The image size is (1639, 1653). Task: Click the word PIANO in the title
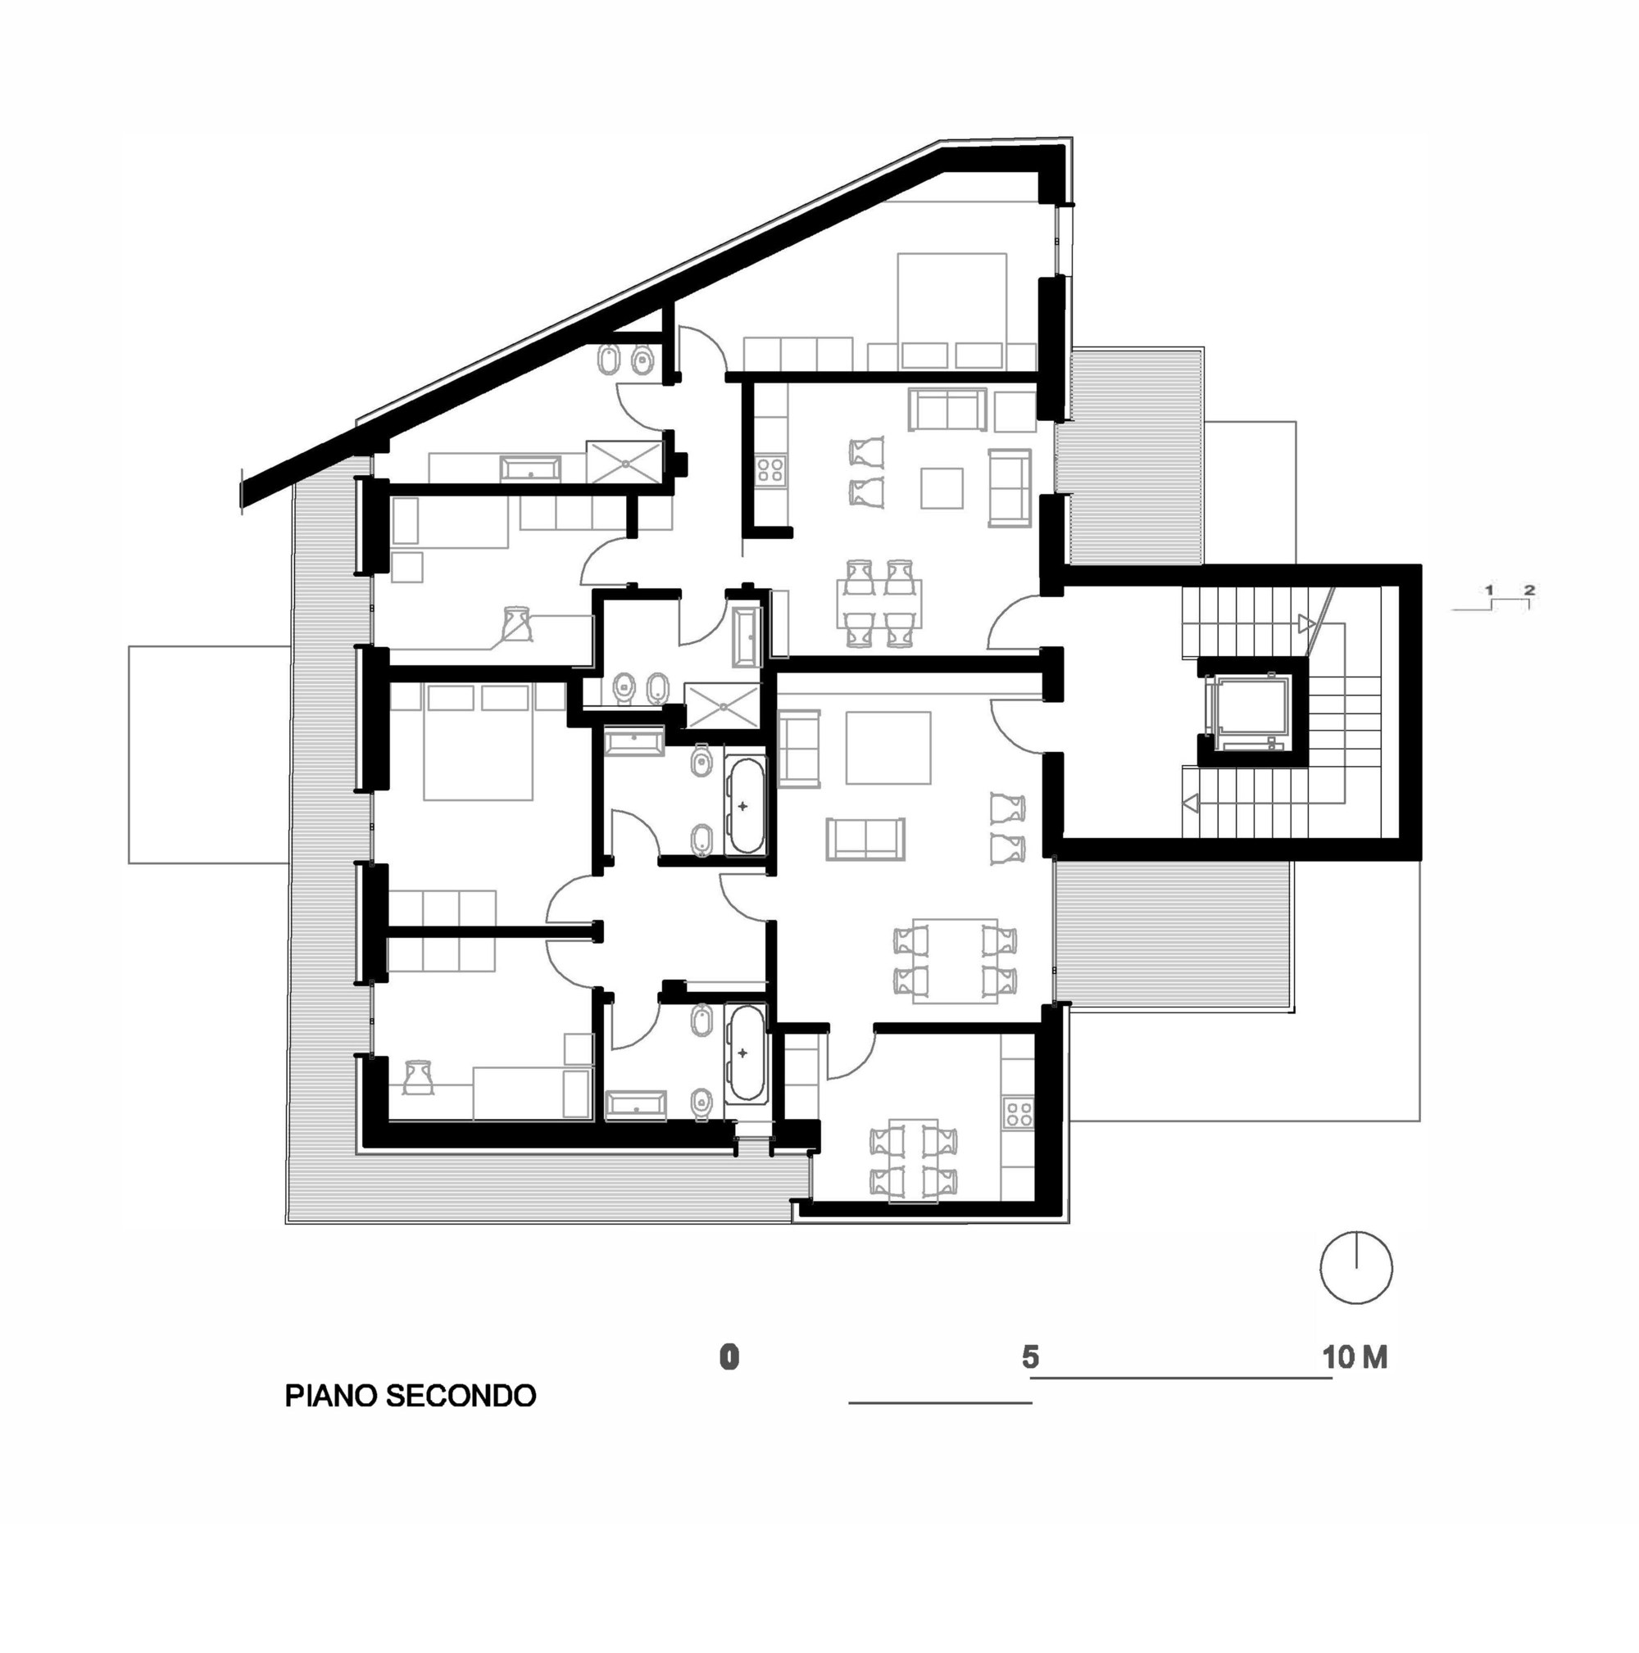(x=332, y=1396)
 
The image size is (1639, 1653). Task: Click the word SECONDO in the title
(x=461, y=1396)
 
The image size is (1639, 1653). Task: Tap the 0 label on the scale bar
(x=729, y=1357)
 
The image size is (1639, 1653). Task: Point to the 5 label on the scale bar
(x=1029, y=1356)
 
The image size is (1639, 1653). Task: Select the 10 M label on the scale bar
(x=1354, y=1357)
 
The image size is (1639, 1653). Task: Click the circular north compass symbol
(x=1355, y=1269)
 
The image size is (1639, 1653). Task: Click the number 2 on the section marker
(x=1528, y=590)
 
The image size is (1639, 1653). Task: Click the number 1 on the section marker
(x=1489, y=591)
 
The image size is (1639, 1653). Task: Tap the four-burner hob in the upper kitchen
(x=770, y=470)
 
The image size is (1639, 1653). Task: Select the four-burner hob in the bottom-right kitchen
(x=1019, y=1113)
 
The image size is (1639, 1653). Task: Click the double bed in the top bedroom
(x=951, y=310)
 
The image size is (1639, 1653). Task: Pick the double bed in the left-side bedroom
(x=479, y=742)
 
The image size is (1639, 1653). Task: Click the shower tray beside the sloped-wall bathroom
(x=625, y=462)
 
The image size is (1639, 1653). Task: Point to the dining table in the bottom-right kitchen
(x=913, y=1160)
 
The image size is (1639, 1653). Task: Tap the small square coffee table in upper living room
(x=942, y=487)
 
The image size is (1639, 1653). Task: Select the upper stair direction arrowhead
(x=1306, y=623)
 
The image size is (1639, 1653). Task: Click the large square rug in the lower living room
(x=888, y=748)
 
